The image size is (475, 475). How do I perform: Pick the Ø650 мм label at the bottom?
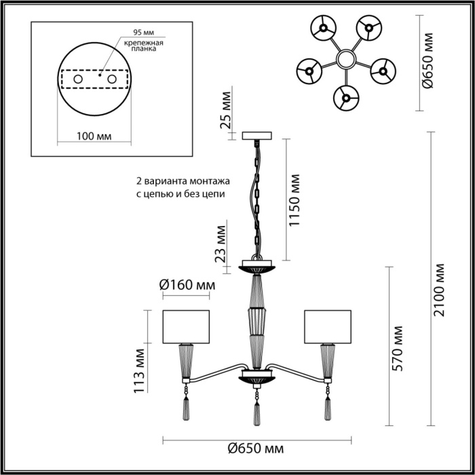point(255,449)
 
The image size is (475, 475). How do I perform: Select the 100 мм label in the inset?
point(94,136)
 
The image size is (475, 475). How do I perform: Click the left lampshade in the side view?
point(186,327)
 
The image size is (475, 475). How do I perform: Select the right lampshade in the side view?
point(328,327)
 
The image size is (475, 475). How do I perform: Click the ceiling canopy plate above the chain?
point(256,136)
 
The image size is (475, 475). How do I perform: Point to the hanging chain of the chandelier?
point(256,197)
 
